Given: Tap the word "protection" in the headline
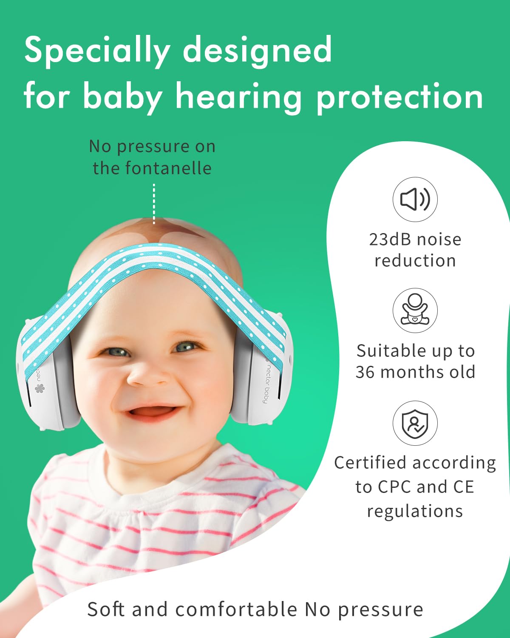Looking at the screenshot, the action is (x=400, y=98).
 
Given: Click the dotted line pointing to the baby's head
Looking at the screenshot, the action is (x=154, y=204).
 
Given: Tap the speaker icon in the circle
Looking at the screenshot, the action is (x=415, y=199).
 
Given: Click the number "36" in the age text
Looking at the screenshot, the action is (x=365, y=372).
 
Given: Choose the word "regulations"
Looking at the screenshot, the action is (x=415, y=511).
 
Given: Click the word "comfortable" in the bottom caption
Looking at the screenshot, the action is (x=236, y=609).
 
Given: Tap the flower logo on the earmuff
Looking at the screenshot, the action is (x=40, y=388).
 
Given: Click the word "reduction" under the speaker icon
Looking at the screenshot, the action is (x=415, y=261).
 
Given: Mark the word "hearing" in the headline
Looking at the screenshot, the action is (x=239, y=98).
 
